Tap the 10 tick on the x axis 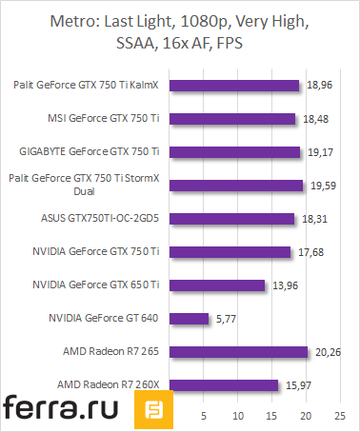point(239,416)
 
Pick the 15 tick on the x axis point(272,416)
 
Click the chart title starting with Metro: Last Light point(180,33)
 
